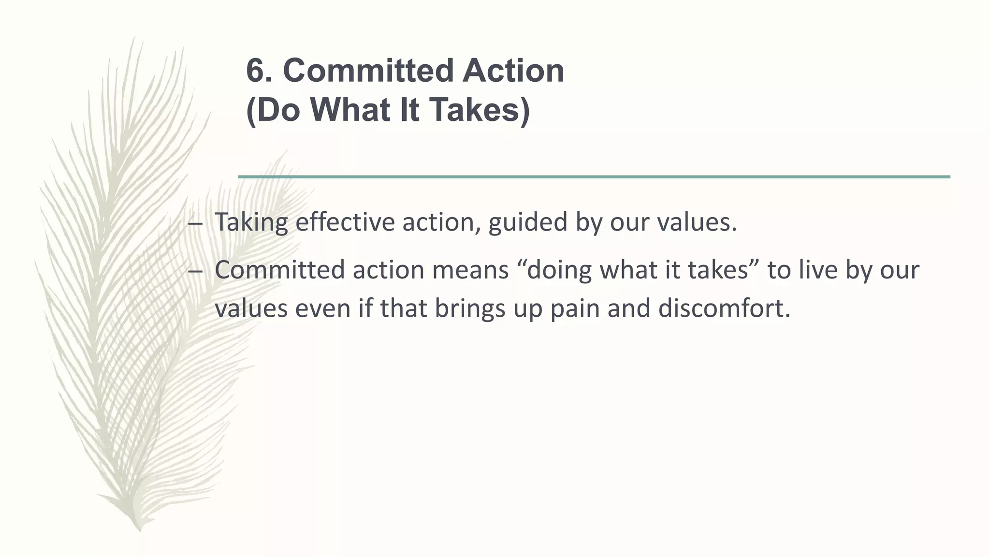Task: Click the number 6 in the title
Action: click(255, 71)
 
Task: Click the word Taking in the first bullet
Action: click(251, 222)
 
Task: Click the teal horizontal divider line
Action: click(594, 177)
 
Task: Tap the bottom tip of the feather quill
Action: click(140, 530)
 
